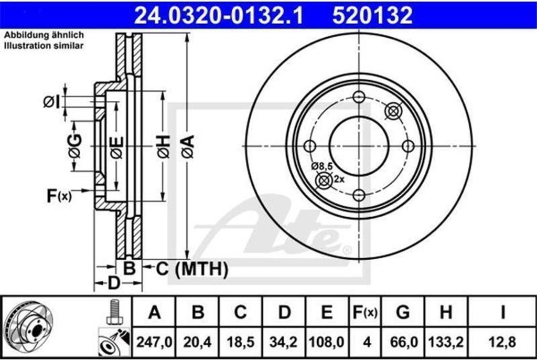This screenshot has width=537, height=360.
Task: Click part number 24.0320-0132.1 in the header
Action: pyautogui.click(x=219, y=16)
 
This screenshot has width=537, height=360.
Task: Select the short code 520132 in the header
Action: pyautogui.click(x=372, y=16)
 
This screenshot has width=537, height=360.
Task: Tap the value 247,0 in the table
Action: pyautogui.click(x=154, y=342)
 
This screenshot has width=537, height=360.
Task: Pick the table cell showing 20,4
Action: pyautogui.click(x=198, y=342)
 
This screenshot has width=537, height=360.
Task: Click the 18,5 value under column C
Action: pyautogui.click(x=241, y=342)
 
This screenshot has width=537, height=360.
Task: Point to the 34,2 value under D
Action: pyautogui.click(x=284, y=342)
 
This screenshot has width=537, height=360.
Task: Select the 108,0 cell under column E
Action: pyautogui.click(x=327, y=342)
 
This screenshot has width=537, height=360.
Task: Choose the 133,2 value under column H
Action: pyautogui.click(x=446, y=342)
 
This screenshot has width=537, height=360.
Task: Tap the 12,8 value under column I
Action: pyautogui.click(x=502, y=342)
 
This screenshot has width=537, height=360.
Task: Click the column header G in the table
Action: pyautogui.click(x=403, y=313)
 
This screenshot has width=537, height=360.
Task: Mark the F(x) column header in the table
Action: pyautogui.click(x=364, y=313)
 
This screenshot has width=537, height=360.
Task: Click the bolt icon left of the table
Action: pyautogui.click(x=113, y=312)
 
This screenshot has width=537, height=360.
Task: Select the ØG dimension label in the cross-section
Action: pyautogui.click(x=75, y=146)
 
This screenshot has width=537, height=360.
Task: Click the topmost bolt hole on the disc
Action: pyautogui.click(x=359, y=97)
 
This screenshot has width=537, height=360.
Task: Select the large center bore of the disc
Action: pyautogui.click(x=359, y=146)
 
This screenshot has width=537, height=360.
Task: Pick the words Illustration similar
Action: pyautogui.click(x=44, y=46)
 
